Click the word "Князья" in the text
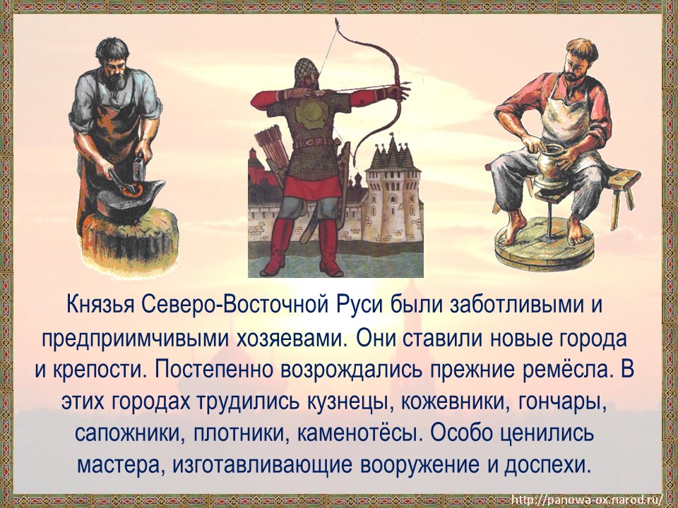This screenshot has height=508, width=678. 102,307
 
